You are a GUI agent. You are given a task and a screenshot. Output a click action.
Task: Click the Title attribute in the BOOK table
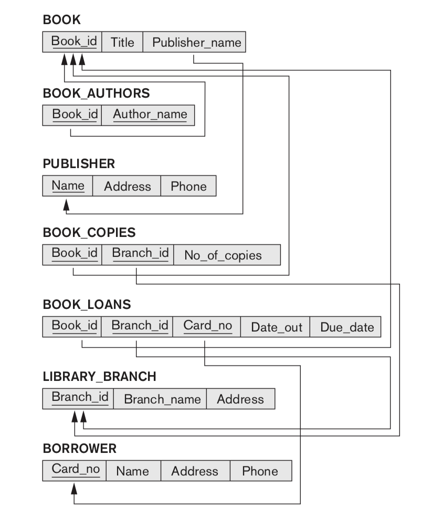pyautogui.click(x=122, y=43)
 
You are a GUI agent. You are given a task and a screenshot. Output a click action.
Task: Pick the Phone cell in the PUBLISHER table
pyautogui.click(x=188, y=187)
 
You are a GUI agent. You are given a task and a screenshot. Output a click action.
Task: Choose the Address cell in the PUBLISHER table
pyautogui.click(x=127, y=187)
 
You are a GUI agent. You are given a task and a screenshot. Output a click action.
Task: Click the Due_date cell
pyautogui.click(x=345, y=327)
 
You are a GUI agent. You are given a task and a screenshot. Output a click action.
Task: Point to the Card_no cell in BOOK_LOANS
pyautogui.click(x=207, y=326)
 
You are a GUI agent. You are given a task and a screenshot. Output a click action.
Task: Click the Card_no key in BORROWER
pyautogui.click(x=75, y=470)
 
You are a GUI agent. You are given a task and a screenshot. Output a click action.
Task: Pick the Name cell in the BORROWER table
pyautogui.click(x=133, y=471)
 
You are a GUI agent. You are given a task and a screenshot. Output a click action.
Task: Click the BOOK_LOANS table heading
pyautogui.click(x=87, y=304)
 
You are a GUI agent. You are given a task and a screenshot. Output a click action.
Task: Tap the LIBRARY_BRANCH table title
pyautogui.click(x=99, y=376)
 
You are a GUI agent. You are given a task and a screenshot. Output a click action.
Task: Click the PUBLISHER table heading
pyautogui.click(x=78, y=163)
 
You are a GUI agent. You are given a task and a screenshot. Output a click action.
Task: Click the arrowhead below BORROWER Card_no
pyautogui.click(x=74, y=489)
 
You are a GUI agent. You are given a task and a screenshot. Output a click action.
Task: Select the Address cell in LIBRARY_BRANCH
pyautogui.click(x=240, y=399)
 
